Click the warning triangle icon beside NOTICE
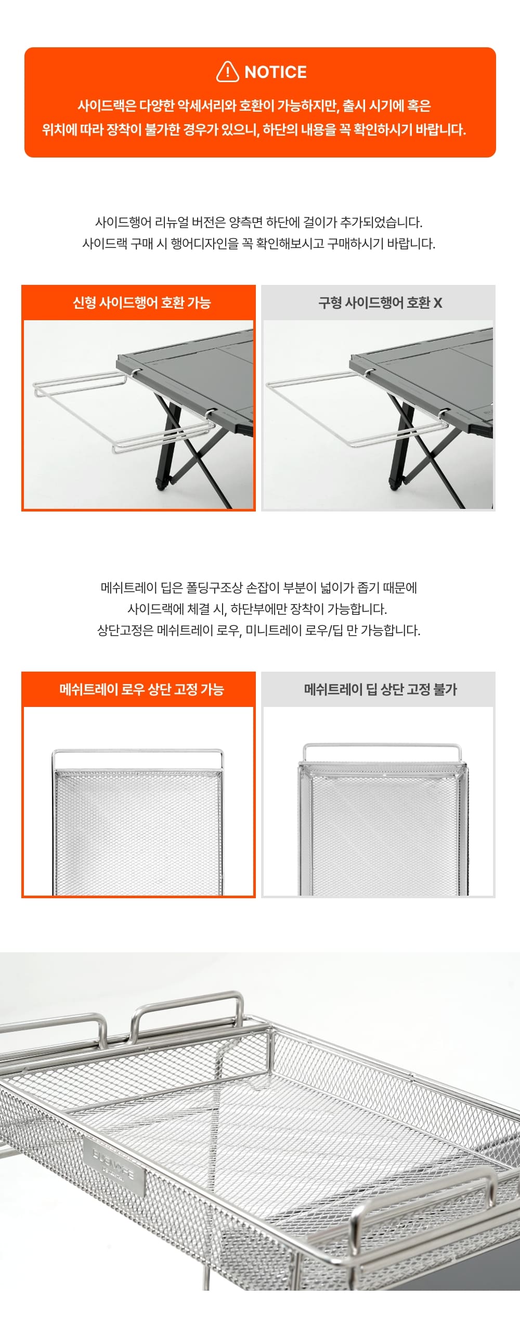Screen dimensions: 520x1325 [227, 72]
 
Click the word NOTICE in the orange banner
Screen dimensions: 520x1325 [276, 72]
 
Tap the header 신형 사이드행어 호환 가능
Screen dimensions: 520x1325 [141, 303]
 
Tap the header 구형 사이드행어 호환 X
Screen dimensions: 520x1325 [380, 303]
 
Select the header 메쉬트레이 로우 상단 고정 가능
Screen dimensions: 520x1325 [141, 689]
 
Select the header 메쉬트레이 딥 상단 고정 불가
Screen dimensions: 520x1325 [380, 689]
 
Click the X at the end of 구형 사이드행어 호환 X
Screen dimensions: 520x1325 [438, 303]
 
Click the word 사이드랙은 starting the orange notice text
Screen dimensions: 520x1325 [107, 106]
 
